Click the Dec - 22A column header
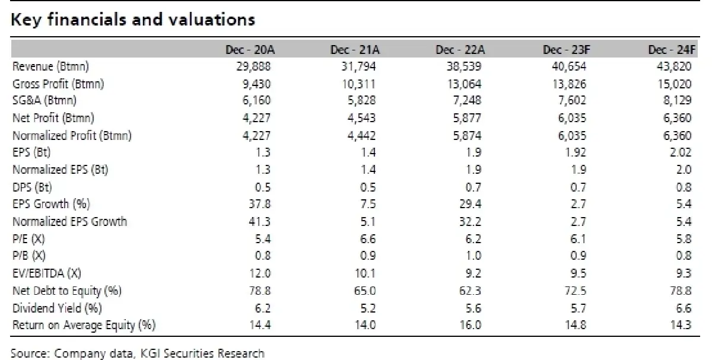pyautogui.click(x=460, y=50)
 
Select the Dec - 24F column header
pyautogui.click(x=672, y=50)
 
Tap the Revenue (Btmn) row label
pyautogui.click(x=50, y=66)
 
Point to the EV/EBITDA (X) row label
pyautogui.click(x=47, y=273)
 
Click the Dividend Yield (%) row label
pyautogui.click(x=57, y=308)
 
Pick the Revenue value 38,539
pyautogui.click(x=464, y=66)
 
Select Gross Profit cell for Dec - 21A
pyautogui.click(x=358, y=84)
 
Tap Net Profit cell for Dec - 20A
pyautogui.click(x=256, y=118)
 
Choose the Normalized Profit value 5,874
pyautogui.click(x=467, y=136)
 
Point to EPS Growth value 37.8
pyautogui.click(x=259, y=203)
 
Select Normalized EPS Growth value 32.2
pyautogui.click(x=470, y=221)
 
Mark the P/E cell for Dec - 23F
pyautogui.click(x=578, y=238)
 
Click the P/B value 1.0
pyautogui.click(x=473, y=256)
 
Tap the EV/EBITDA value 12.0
pyautogui.click(x=259, y=273)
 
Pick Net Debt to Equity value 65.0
pyautogui.click(x=364, y=291)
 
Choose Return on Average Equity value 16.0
pyautogui.click(x=470, y=325)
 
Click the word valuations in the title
pyautogui.click(x=211, y=20)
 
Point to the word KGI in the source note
pyautogui.click(x=150, y=353)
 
